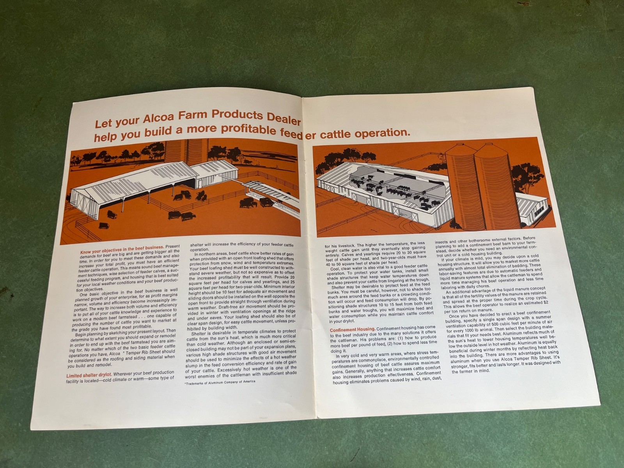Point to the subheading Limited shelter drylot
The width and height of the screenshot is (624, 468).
(89, 376)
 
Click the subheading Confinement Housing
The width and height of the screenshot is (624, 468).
(352, 329)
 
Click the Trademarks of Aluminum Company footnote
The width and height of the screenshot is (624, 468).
(220, 382)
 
